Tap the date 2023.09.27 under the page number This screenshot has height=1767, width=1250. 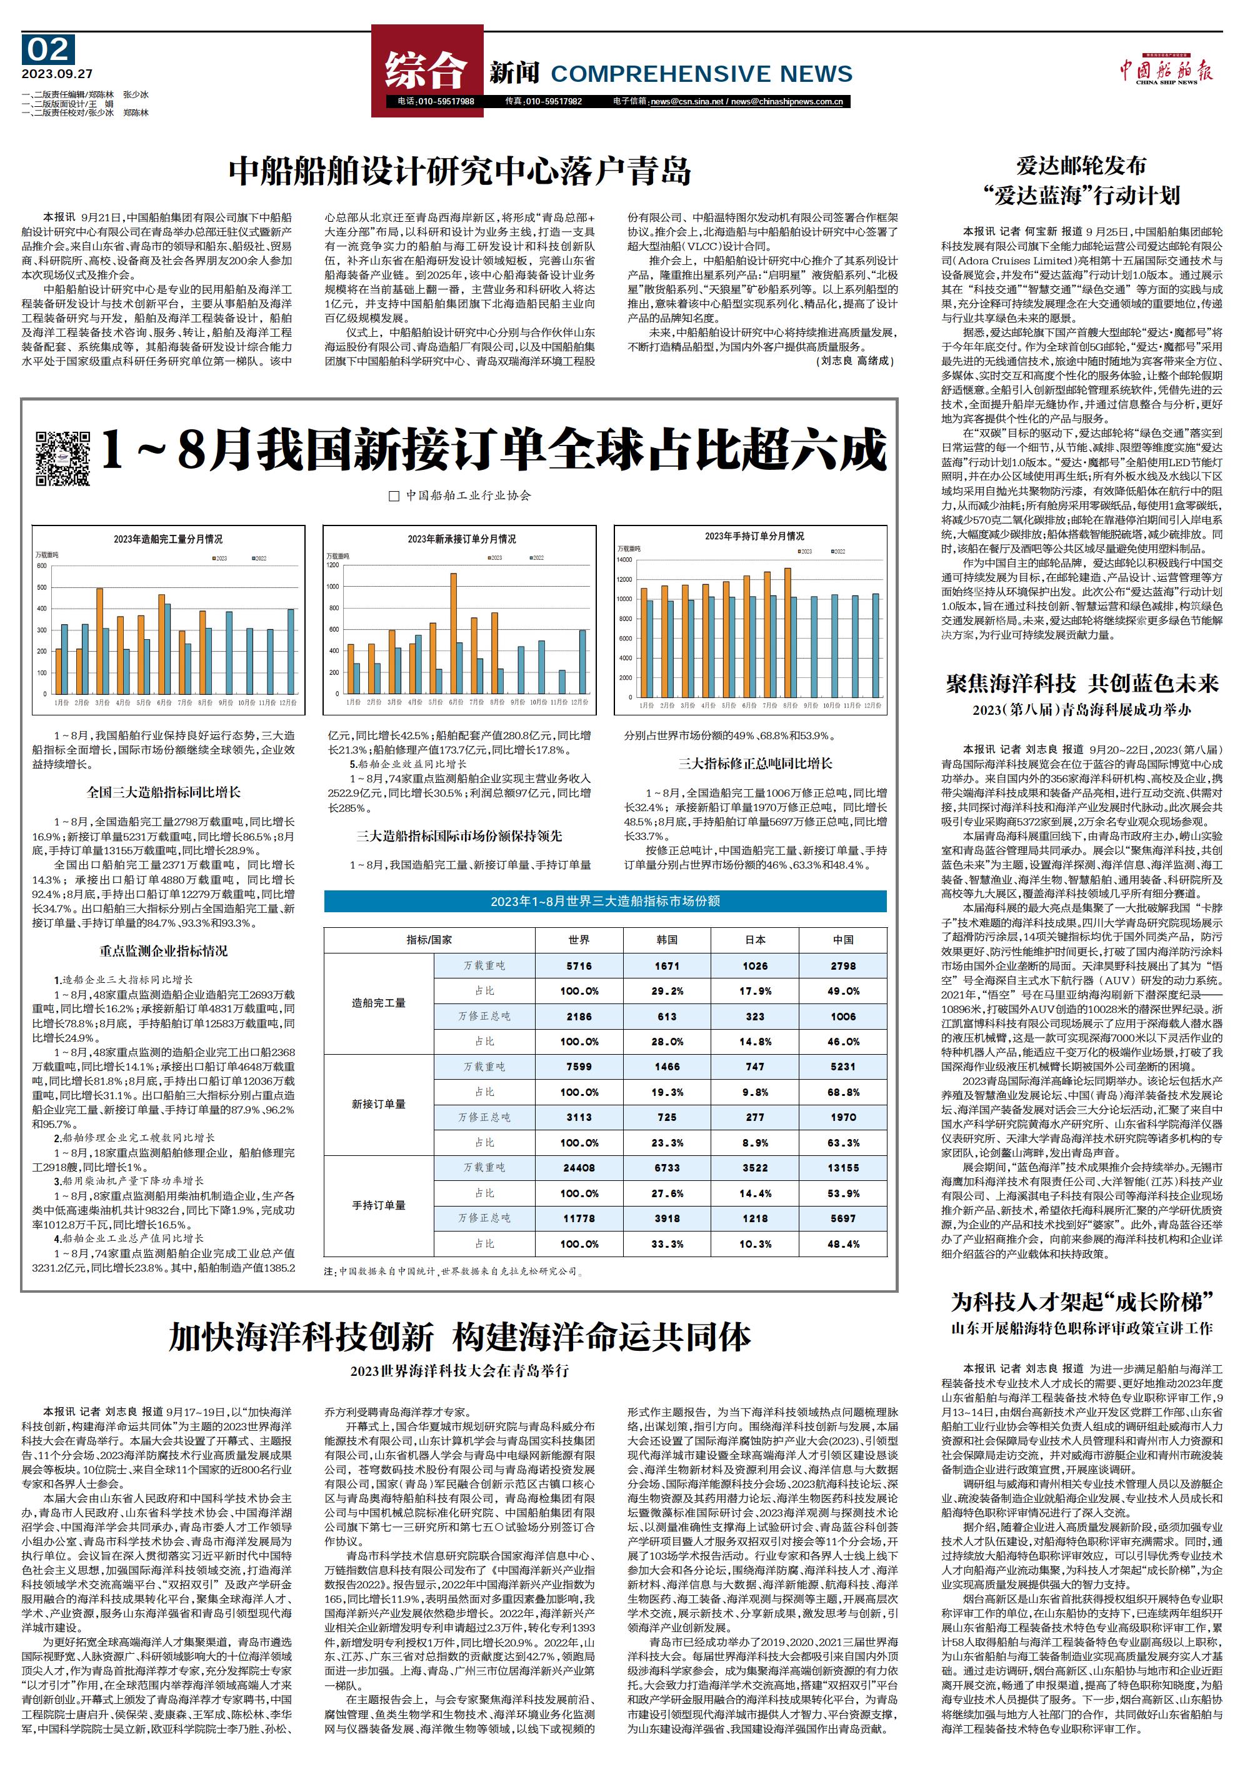tap(57, 74)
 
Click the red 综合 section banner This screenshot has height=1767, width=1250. tap(426, 70)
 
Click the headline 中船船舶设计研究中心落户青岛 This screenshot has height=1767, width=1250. tap(459, 171)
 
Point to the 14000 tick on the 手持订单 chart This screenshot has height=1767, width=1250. tap(624, 559)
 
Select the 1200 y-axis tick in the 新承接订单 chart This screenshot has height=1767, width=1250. tap(332, 565)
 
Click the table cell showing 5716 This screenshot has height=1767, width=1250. tap(579, 965)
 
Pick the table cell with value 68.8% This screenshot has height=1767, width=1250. tap(843, 1092)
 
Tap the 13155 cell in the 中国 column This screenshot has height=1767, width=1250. tap(843, 1167)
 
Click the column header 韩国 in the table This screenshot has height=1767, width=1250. tap(667, 940)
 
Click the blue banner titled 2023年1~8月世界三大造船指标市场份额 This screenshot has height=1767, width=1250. tap(605, 900)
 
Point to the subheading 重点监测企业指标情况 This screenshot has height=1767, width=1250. tap(163, 950)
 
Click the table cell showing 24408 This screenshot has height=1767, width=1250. tap(579, 1167)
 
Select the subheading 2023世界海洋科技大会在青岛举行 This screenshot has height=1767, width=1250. tap(459, 1371)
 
